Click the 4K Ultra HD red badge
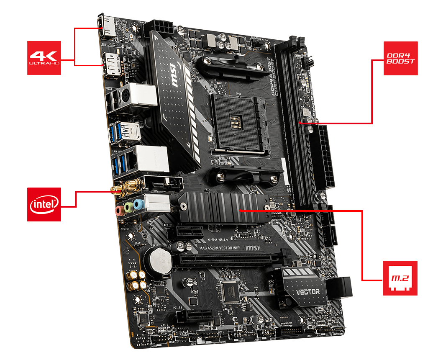[x=44, y=58]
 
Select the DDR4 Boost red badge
[x=400, y=58]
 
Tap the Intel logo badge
[x=44, y=204]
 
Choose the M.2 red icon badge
[x=400, y=278]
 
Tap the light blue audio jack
[x=139, y=204]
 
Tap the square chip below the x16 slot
[x=231, y=291]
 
